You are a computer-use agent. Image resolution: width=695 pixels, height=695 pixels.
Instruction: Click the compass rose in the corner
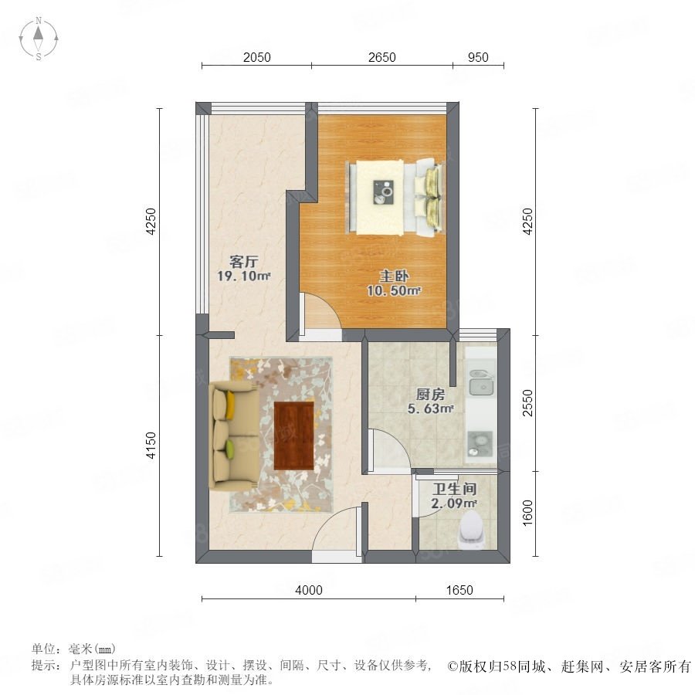(39, 39)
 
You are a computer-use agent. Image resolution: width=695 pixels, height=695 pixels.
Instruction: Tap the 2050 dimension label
(256, 58)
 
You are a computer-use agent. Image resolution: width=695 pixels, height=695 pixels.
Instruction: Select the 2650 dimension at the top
(381, 58)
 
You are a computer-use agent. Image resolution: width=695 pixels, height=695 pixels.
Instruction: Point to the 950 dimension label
(478, 58)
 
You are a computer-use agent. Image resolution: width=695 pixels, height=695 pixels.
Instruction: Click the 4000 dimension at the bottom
(308, 591)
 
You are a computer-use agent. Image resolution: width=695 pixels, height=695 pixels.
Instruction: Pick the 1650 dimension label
(459, 591)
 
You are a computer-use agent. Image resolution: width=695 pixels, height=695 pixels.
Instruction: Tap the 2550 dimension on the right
(527, 403)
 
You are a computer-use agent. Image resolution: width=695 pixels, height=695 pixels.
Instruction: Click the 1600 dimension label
(527, 513)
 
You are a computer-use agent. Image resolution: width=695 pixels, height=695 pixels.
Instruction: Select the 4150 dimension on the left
(151, 446)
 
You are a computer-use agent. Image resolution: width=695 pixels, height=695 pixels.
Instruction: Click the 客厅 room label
(243, 262)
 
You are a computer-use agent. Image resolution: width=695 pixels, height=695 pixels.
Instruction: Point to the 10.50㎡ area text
(393, 291)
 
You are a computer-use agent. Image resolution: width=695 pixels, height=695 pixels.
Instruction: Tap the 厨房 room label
(430, 394)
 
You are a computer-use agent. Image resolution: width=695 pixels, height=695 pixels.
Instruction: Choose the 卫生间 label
(455, 489)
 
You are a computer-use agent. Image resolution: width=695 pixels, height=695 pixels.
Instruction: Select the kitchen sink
(482, 382)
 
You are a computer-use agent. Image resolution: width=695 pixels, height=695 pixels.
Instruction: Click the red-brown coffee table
(294, 436)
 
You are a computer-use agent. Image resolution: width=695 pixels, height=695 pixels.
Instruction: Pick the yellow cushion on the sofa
(230, 405)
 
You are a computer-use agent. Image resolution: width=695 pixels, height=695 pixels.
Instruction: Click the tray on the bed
(383, 192)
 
